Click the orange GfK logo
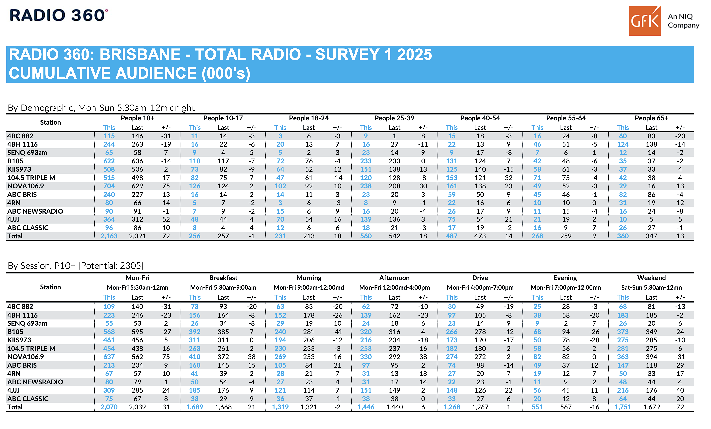click(645, 21)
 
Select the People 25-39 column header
click(394, 118)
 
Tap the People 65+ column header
click(651, 118)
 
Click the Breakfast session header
click(223, 278)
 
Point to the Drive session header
click(480, 278)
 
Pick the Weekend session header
click(652, 278)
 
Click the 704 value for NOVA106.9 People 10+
click(109, 186)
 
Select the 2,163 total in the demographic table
click(109, 236)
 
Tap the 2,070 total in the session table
click(109, 407)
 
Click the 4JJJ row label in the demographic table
click(13, 219)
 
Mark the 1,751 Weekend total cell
click(623, 407)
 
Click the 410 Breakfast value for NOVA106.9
click(195, 357)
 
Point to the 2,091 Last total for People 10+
click(137, 236)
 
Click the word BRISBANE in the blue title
click(140, 54)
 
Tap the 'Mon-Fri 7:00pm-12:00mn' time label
click(566, 288)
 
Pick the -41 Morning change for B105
click(337, 332)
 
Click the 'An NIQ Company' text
click(683, 21)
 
